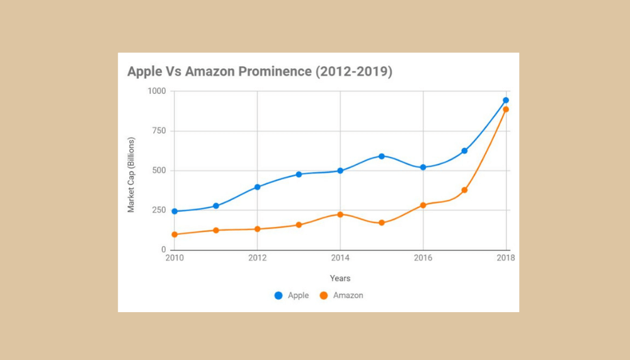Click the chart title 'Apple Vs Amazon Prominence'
tap(260, 71)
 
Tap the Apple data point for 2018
tap(506, 100)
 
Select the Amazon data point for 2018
tap(506, 110)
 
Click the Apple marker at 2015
tap(382, 156)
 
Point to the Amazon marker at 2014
tap(340, 214)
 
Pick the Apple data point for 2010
tap(175, 211)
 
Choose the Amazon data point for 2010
tap(175, 235)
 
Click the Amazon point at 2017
tap(464, 190)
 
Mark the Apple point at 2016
tap(423, 167)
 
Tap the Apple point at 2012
tap(258, 187)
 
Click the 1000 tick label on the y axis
tap(157, 91)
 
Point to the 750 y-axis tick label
tap(159, 131)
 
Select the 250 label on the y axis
tap(159, 211)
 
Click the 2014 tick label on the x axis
tap(340, 258)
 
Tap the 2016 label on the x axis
tap(423, 258)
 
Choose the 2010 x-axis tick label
tap(175, 258)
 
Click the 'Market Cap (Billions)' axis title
tap(131, 174)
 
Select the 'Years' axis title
tap(340, 278)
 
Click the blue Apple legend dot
tap(278, 295)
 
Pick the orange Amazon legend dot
tap(324, 295)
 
